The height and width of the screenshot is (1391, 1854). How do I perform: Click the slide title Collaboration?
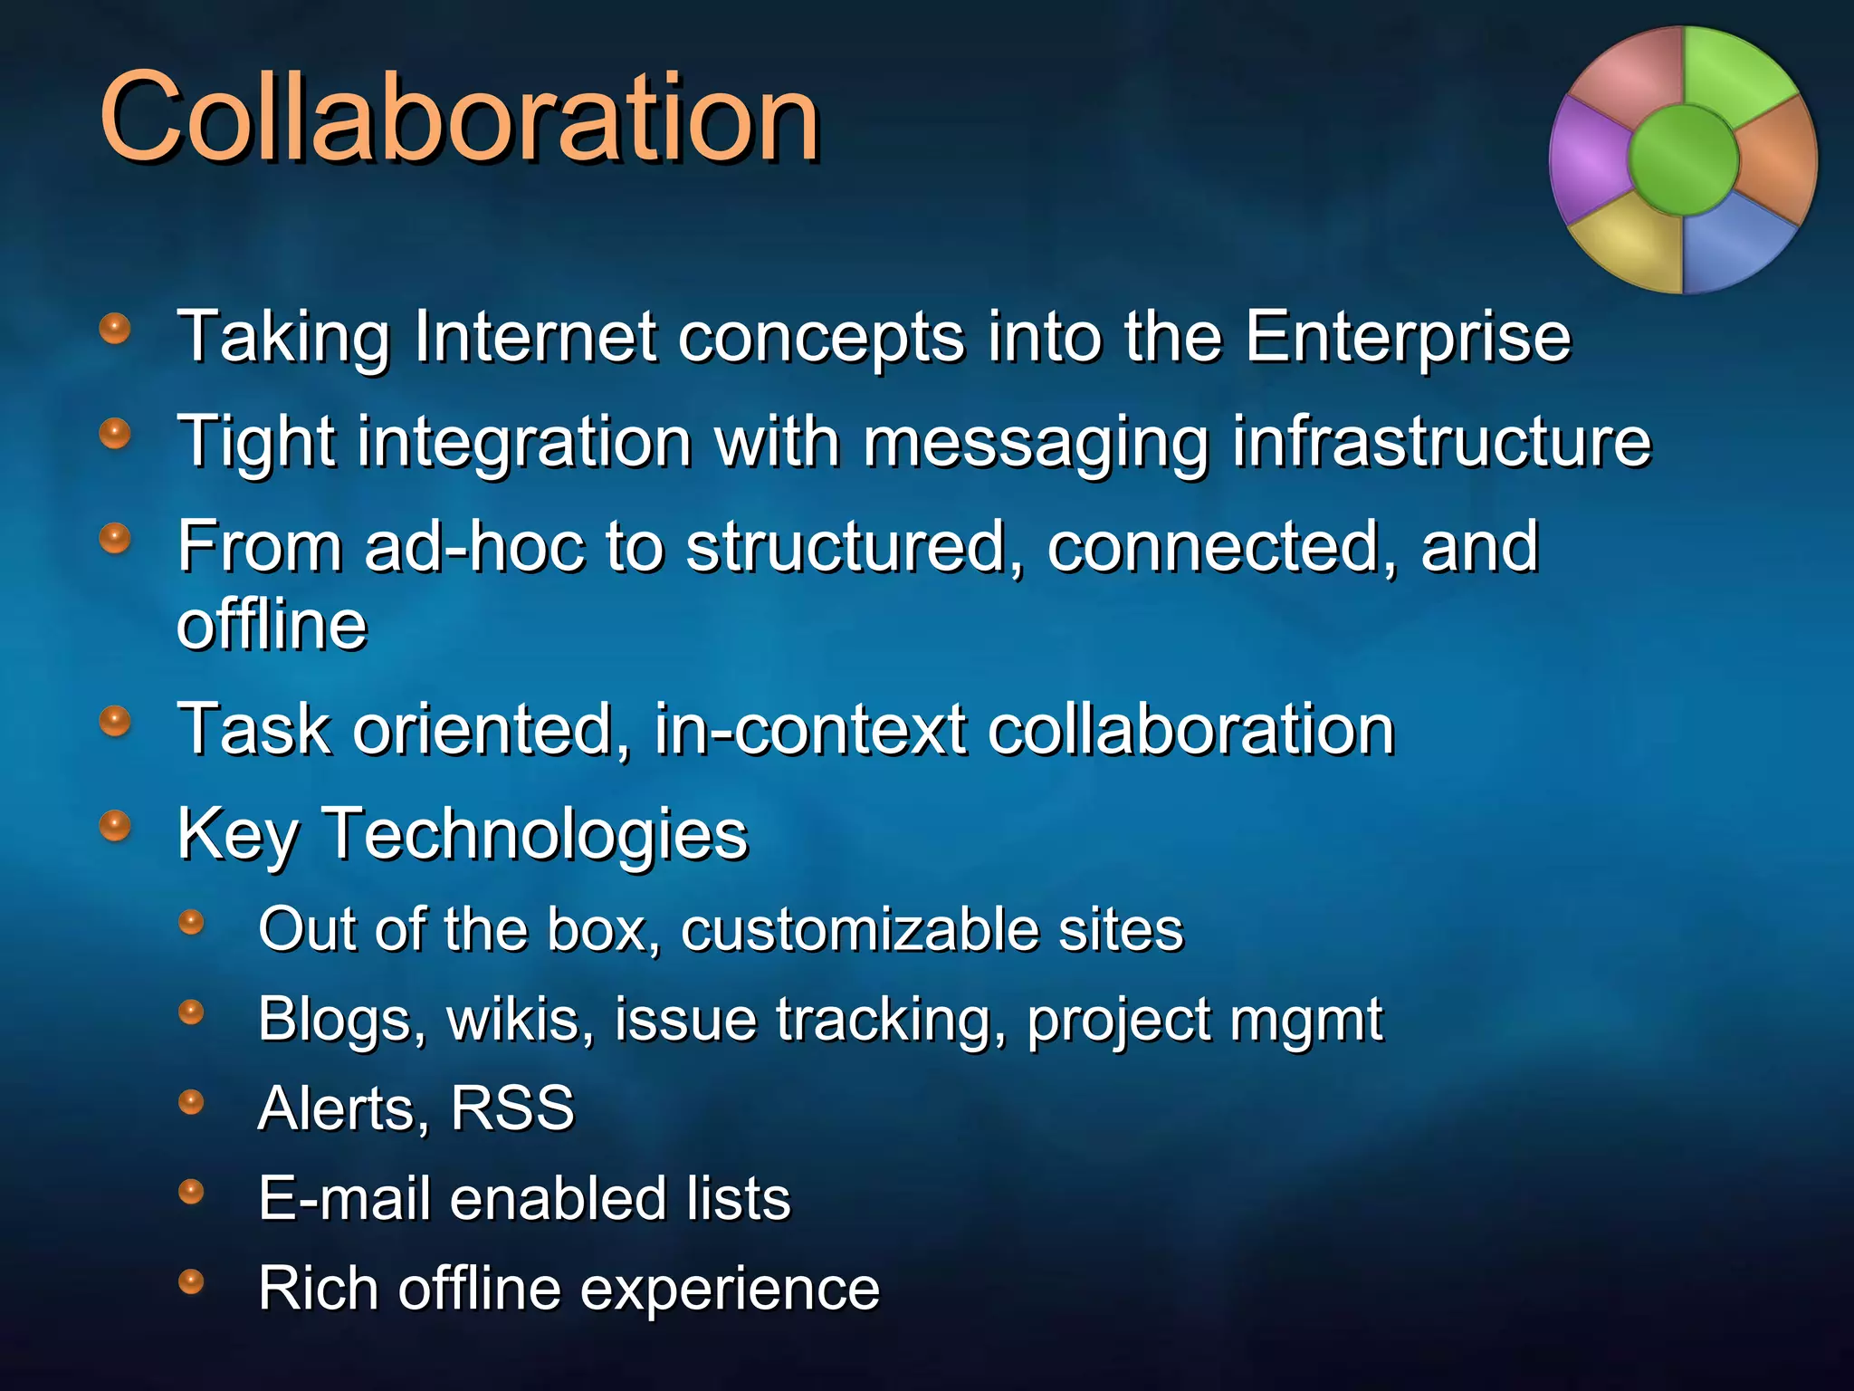click(459, 118)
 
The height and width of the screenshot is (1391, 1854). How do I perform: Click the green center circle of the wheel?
click(1683, 159)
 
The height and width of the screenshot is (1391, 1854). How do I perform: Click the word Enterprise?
click(1408, 337)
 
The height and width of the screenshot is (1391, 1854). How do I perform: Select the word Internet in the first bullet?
click(534, 337)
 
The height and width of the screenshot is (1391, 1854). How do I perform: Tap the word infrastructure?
click(1441, 442)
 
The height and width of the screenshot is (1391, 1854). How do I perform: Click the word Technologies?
click(536, 834)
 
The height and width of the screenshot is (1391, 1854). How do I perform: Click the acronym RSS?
click(512, 1108)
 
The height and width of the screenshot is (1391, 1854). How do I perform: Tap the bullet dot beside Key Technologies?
click(115, 826)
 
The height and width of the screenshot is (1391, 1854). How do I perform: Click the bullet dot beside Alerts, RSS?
click(191, 1102)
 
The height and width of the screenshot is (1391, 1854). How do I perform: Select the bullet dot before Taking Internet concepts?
click(115, 329)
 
